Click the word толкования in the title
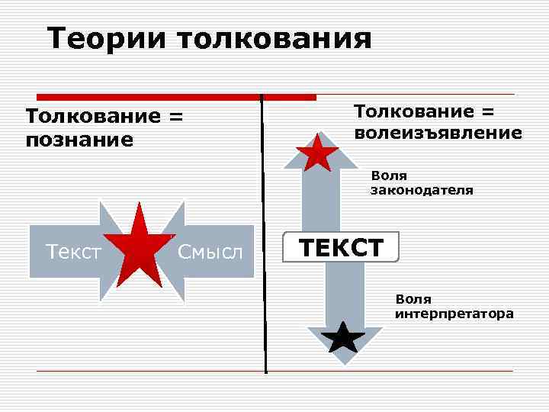click(x=275, y=38)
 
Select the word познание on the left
click(x=79, y=140)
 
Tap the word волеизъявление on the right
click(x=438, y=133)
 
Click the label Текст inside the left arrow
click(x=73, y=250)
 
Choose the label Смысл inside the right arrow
click(x=210, y=250)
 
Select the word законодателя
click(x=422, y=191)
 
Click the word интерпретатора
click(x=454, y=314)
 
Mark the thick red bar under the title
click(x=176, y=97)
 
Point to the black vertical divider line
click(x=264, y=229)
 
